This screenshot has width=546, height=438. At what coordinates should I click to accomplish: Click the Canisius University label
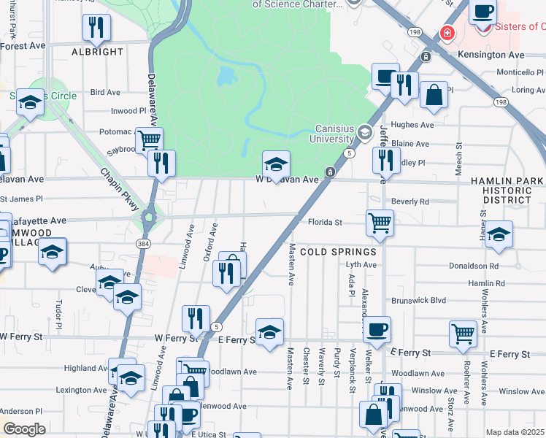[337, 133]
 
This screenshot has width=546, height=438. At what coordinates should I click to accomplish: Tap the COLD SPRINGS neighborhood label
[337, 252]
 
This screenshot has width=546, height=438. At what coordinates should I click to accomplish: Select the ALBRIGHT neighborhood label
[98, 52]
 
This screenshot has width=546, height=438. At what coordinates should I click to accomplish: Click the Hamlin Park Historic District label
[507, 190]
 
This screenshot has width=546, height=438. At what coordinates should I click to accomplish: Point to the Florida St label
[325, 221]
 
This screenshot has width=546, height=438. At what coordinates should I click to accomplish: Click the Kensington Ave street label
[491, 55]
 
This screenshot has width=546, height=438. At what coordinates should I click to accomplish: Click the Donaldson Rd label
[474, 266]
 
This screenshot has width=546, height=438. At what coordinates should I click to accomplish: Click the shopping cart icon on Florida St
[380, 222]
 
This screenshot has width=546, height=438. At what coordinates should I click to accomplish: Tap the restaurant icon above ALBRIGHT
[96, 27]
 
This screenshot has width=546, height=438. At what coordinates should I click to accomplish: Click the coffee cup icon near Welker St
[377, 329]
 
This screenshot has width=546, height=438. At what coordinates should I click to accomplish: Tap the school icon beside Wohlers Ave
[499, 234]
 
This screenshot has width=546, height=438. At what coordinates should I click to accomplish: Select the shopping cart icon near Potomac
[148, 139]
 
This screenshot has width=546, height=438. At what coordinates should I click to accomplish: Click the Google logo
[25, 429]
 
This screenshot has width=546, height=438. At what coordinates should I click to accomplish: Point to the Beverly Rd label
[409, 201]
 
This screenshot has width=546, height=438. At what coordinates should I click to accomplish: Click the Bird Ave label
[105, 93]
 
